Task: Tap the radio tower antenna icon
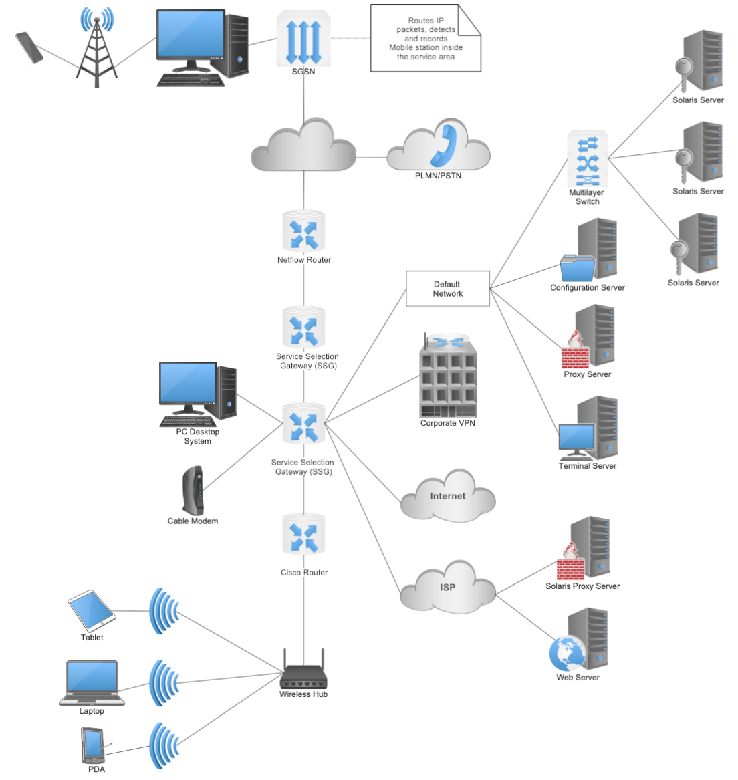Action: (97, 50)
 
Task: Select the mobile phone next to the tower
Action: (29, 48)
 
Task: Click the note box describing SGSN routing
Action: (425, 39)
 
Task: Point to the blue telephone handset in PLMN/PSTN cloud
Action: (443, 145)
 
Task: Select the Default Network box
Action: (448, 289)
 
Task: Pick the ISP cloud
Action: (448, 588)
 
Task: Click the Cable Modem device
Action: (193, 490)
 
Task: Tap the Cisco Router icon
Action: (303, 535)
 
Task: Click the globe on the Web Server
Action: (566, 654)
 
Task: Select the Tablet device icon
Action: (92, 610)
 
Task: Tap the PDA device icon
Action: (93, 745)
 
